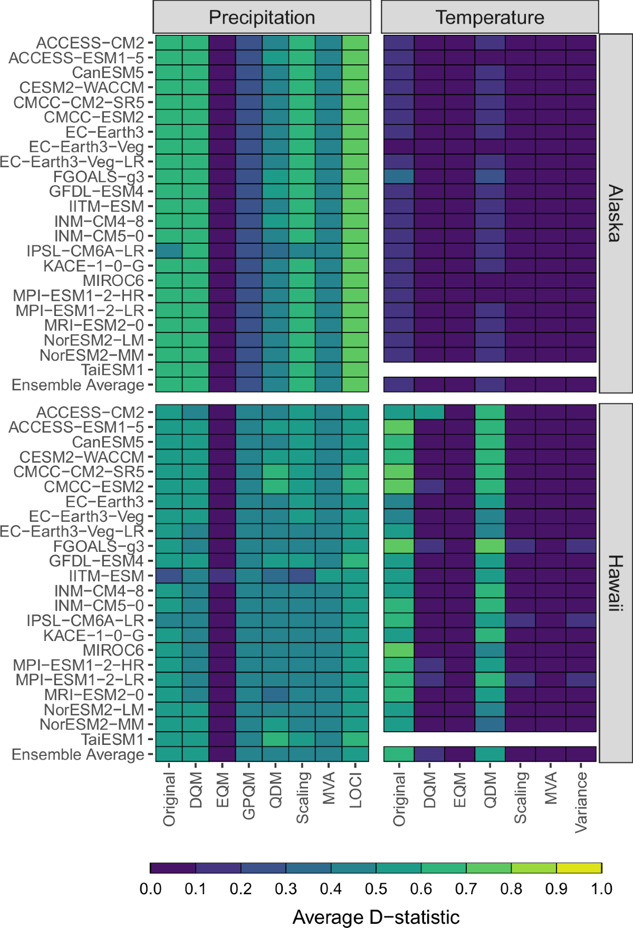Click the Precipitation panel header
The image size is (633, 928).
point(262,17)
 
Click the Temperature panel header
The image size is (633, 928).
point(490,17)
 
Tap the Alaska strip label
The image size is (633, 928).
point(616,214)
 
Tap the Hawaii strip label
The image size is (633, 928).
point(616,583)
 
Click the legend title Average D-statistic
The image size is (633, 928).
point(376,917)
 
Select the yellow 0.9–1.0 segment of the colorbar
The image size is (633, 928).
point(579,868)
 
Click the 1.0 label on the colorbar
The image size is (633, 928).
point(601,889)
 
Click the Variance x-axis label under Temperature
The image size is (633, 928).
point(581,802)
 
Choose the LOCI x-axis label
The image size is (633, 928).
point(356,790)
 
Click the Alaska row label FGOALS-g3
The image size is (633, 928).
point(98,177)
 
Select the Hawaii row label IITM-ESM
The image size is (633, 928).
point(106,576)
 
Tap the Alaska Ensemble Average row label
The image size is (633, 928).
point(78,385)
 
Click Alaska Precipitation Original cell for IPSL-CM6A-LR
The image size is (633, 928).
point(169,251)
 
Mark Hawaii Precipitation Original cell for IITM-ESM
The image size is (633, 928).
point(169,576)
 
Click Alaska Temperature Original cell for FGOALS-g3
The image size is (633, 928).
point(399,176)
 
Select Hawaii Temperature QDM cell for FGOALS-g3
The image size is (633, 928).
point(490,546)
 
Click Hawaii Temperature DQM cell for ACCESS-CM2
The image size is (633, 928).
point(429,412)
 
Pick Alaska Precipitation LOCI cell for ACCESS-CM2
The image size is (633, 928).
point(356,43)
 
